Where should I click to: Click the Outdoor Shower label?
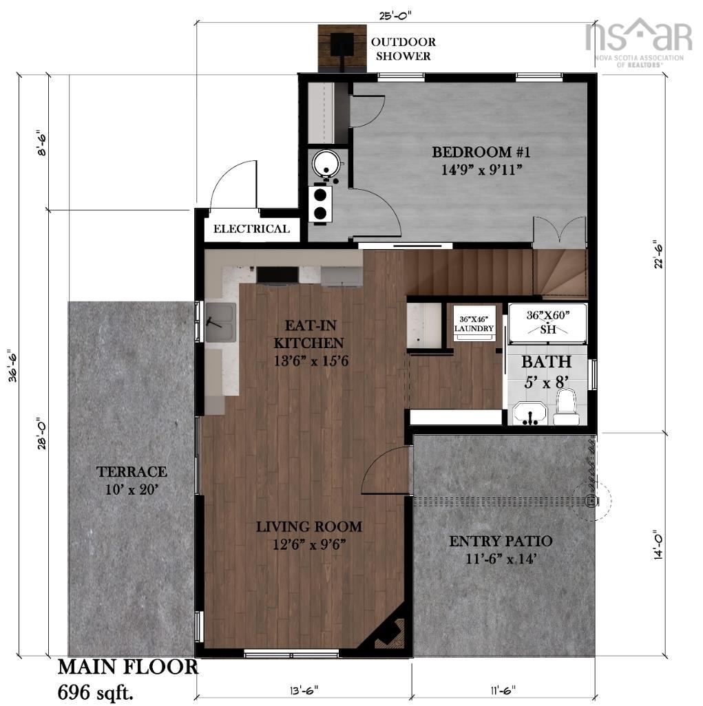pyautogui.click(x=403, y=49)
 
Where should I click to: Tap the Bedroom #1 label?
pyautogui.click(x=481, y=161)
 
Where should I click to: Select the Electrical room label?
pyautogui.click(x=251, y=228)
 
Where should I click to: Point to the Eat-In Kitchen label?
pyautogui.click(x=311, y=343)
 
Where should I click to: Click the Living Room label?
pyautogui.click(x=309, y=535)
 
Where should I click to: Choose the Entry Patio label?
pyautogui.click(x=501, y=550)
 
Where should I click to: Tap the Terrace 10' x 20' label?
pyautogui.click(x=132, y=480)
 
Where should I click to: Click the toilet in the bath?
pyautogui.click(x=566, y=407)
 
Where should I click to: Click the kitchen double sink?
pyautogui.click(x=220, y=323)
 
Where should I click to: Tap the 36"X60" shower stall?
pyautogui.click(x=547, y=323)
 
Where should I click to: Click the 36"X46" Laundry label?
pyautogui.click(x=474, y=324)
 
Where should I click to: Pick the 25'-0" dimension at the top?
pyautogui.click(x=395, y=15)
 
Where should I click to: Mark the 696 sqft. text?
pyautogui.click(x=96, y=692)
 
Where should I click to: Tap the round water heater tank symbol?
pyautogui.click(x=326, y=164)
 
